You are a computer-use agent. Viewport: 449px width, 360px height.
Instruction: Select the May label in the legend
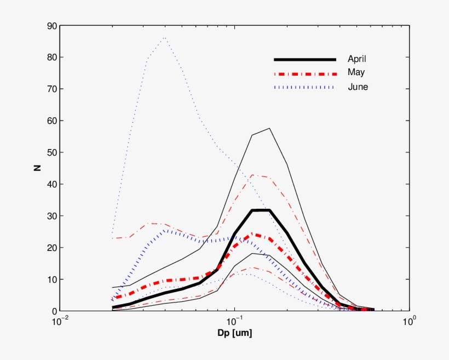pos(355,72)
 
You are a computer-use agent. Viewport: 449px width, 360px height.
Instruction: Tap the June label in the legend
pos(357,87)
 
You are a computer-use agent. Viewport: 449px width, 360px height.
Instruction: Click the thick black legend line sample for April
pos(304,59)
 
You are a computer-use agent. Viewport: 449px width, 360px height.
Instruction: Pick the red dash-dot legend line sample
pos(304,73)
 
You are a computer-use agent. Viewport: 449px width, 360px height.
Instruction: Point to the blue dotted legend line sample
pos(304,87)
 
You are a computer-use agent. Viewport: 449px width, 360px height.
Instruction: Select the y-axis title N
pos(37,168)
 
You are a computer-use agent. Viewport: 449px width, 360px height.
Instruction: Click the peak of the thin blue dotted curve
pos(164,38)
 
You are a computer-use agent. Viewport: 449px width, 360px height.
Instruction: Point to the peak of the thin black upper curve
pos(269,128)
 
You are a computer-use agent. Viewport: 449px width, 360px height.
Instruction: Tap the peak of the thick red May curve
pos(252,234)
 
